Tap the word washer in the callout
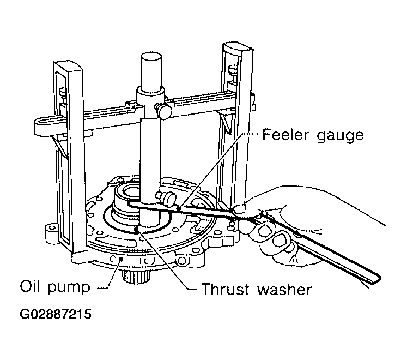(x=284, y=289)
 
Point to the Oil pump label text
(x=55, y=287)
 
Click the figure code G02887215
(x=56, y=314)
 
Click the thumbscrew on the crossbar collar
(x=163, y=110)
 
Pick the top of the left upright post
(x=68, y=67)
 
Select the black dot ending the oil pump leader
(x=120, y=259)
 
